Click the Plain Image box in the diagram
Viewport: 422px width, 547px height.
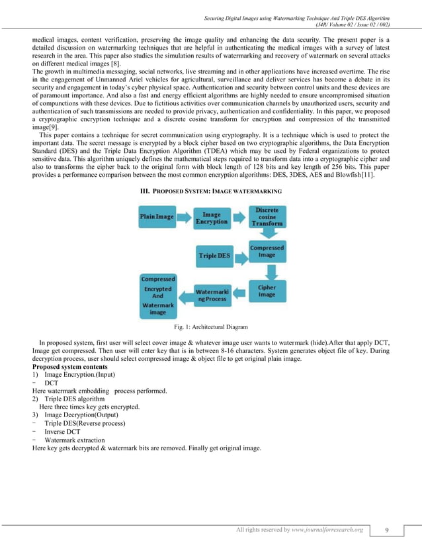pyautogui.click(x=157, y=217)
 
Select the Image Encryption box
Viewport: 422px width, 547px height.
pyautogui.click(x=211, y=218)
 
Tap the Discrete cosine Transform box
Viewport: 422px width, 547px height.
pyautogui.click(x=267, y=217)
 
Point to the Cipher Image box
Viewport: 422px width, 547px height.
pyautogui.click(x=267, y=291)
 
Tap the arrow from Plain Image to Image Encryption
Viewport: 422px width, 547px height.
pyautogui.click(x=183, y=217)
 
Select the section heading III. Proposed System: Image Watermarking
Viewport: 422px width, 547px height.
pyautogui.click(x=210, y=191)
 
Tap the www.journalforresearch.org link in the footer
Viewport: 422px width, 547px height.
pyautogui.click(x=327, y=530)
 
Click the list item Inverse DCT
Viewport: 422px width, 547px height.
pyautogui.click(x=62, y=432)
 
